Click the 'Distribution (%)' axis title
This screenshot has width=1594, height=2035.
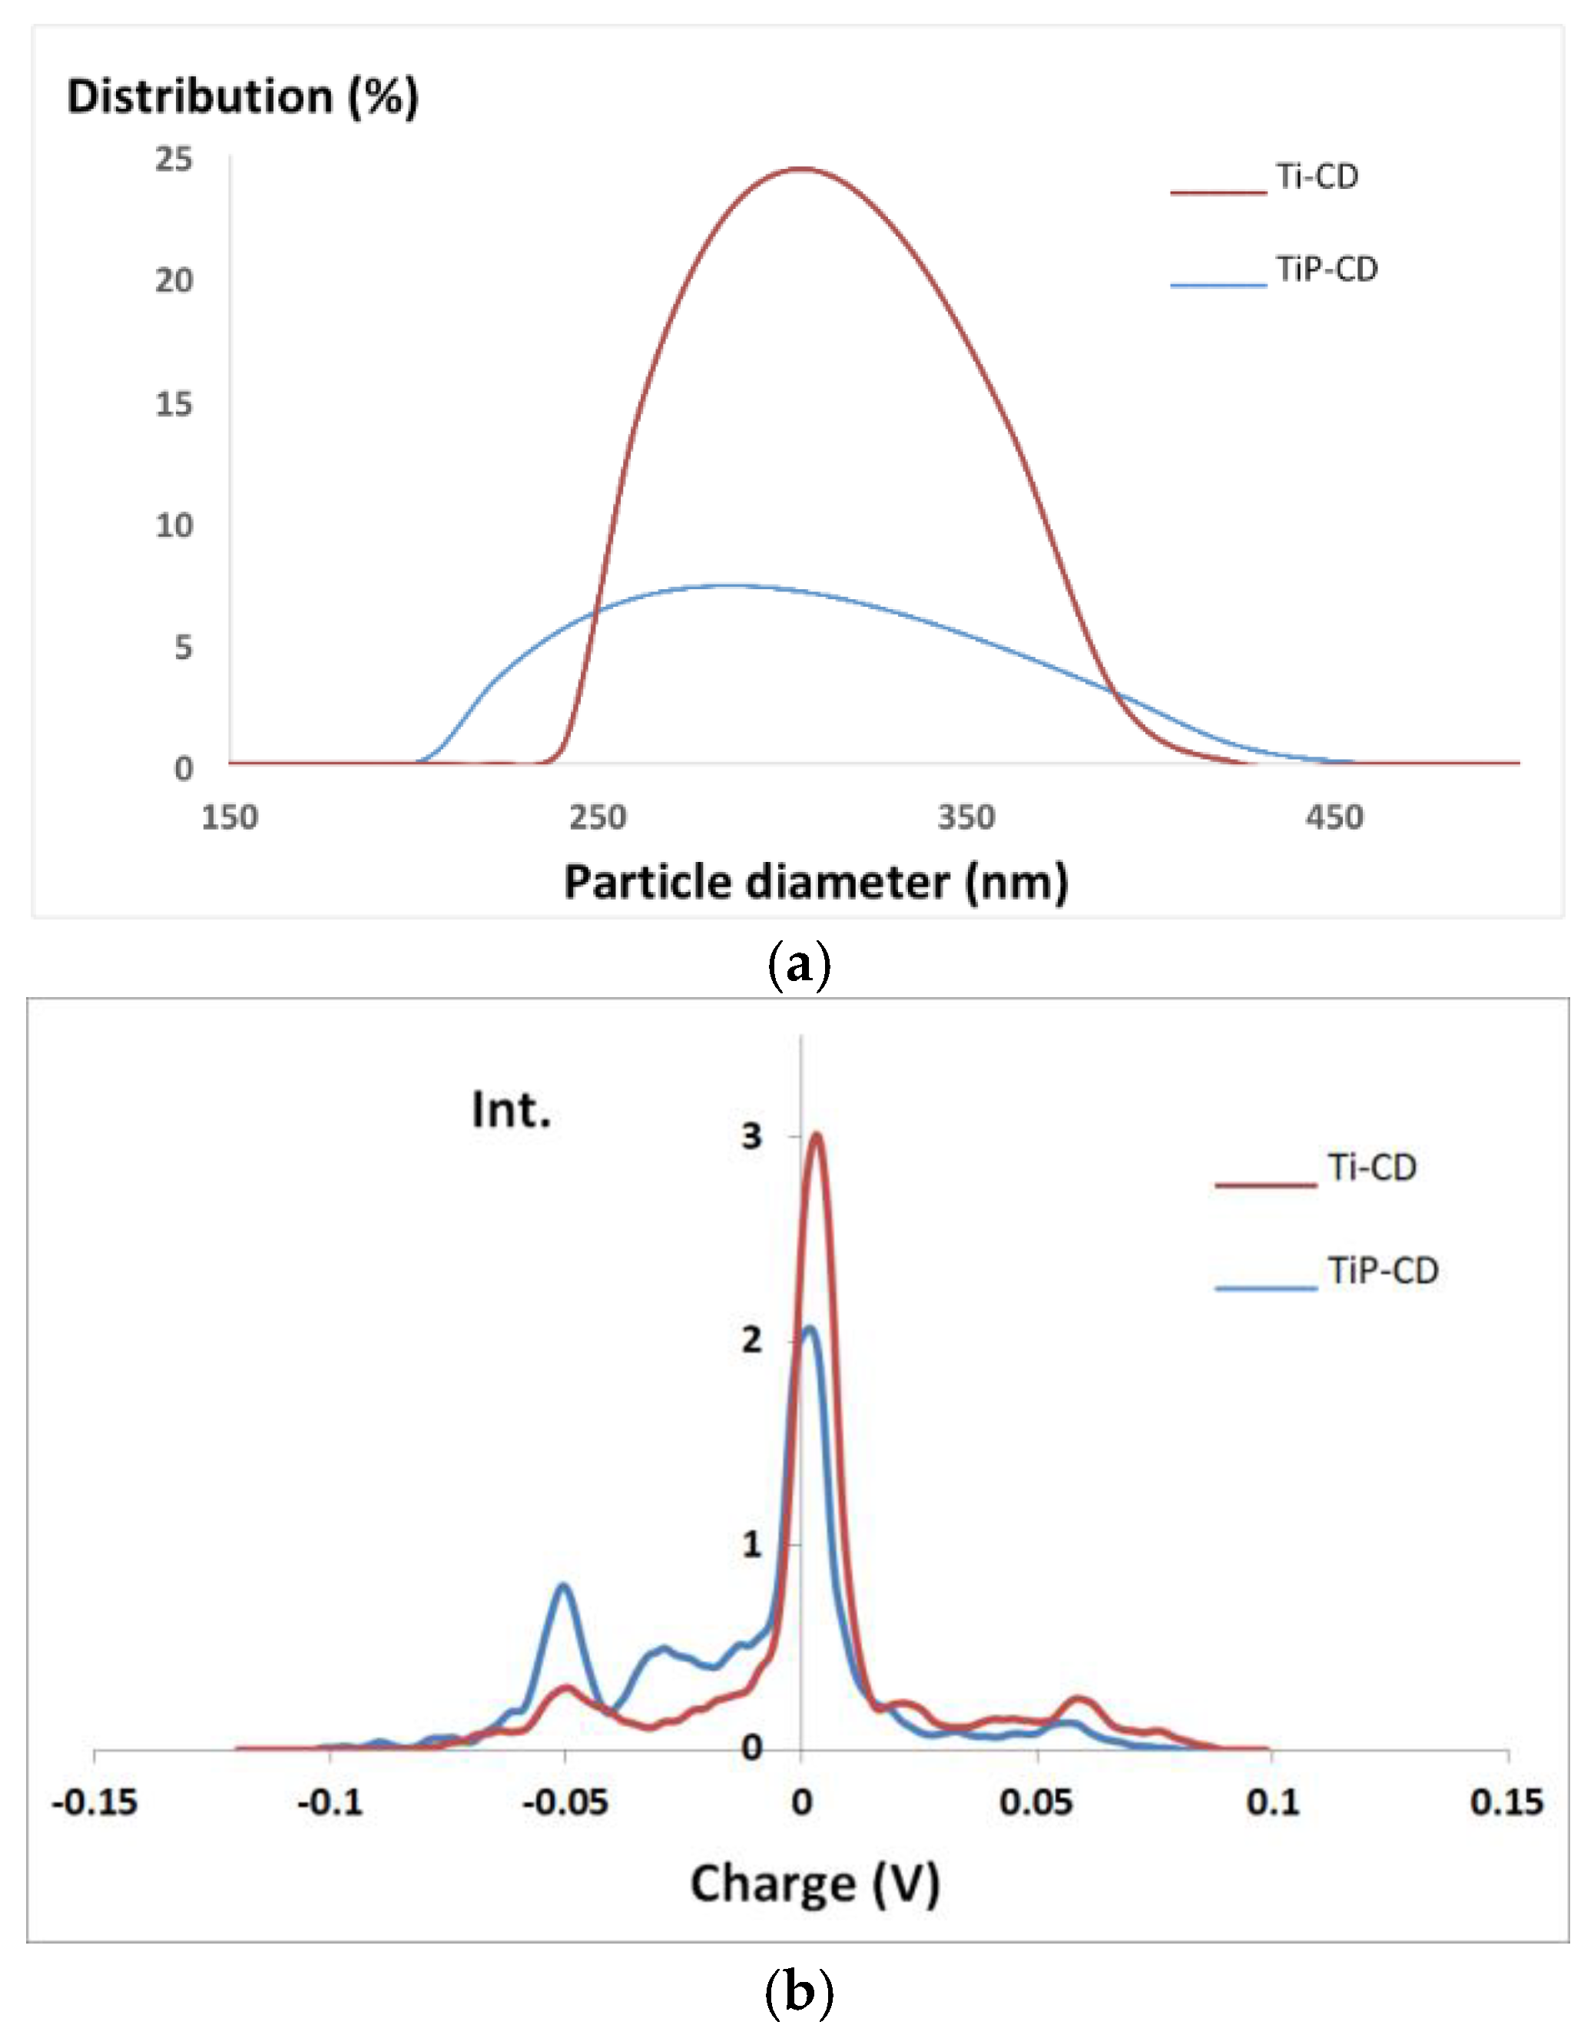243,97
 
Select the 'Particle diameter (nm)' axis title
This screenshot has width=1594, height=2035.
816,883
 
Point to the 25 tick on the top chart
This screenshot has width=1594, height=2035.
174,160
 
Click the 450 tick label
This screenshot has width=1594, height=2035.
1334,818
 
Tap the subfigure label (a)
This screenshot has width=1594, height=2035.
798,966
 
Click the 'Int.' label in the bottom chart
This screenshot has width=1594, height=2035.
511,1110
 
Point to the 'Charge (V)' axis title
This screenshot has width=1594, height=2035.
814,1884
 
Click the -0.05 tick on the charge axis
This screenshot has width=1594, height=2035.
565,1801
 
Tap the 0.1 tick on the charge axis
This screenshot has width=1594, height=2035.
1272,1801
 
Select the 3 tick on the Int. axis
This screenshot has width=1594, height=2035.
752,1136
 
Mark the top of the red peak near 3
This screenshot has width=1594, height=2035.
817,1135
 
